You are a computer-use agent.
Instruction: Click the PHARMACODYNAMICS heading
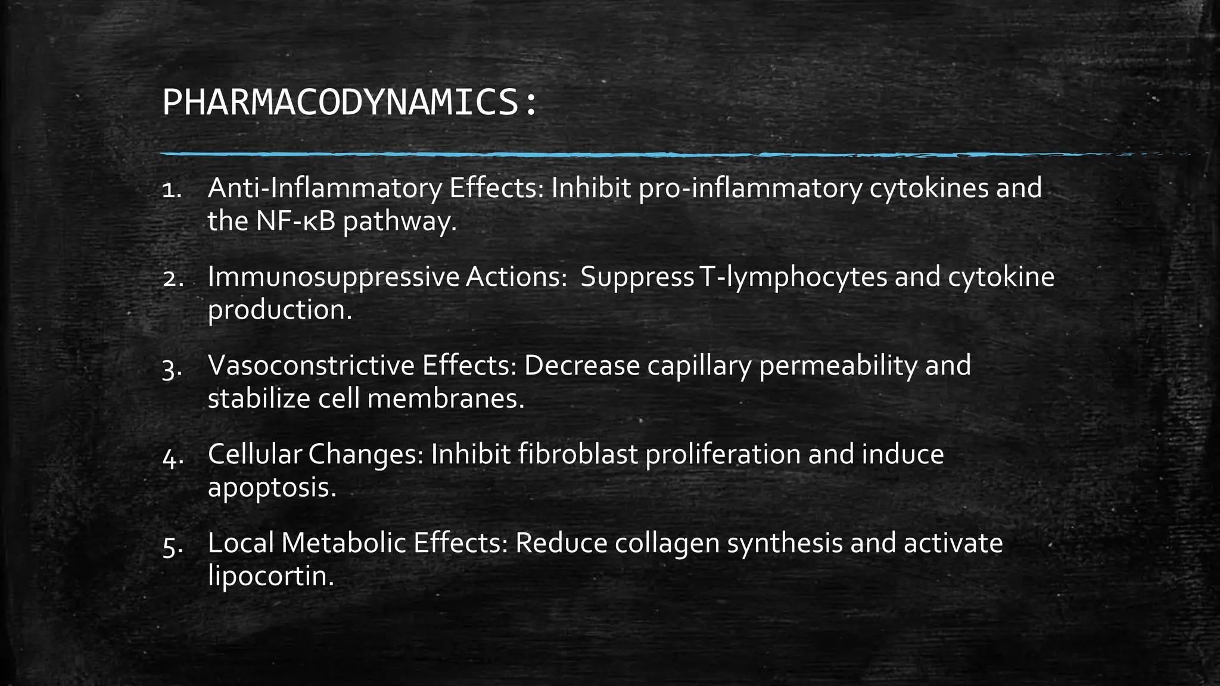click(x=349, y=103)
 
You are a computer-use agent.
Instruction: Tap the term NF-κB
click(x=296, y=222)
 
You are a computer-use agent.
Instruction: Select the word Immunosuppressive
click(x=334, y=277)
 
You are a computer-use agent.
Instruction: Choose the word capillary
click(x=699, y=366)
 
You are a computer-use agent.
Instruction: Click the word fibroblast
click(x=577, y=454)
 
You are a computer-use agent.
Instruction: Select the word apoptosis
click(x=272, y=488)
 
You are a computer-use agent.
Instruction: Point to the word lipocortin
click(x=271, y=576)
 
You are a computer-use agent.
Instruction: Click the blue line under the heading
click(x=536, y=154)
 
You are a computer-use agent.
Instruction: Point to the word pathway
click(x=400, y=222)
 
